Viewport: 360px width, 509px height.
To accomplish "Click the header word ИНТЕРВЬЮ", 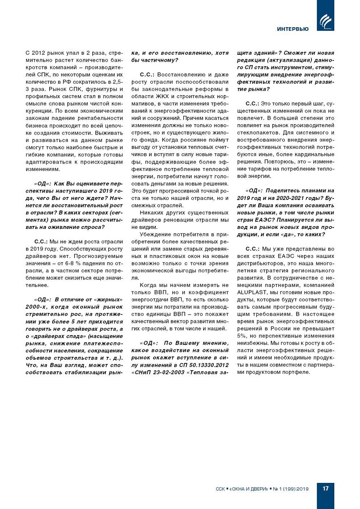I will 293,29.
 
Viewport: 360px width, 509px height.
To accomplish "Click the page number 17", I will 325,488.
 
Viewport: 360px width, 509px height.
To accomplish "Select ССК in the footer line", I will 220,489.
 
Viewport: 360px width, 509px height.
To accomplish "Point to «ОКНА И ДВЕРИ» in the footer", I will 249,489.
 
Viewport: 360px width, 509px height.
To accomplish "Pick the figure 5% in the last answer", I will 241,336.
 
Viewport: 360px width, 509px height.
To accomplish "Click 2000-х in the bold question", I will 37,307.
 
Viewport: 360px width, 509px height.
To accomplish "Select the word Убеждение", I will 155,234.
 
